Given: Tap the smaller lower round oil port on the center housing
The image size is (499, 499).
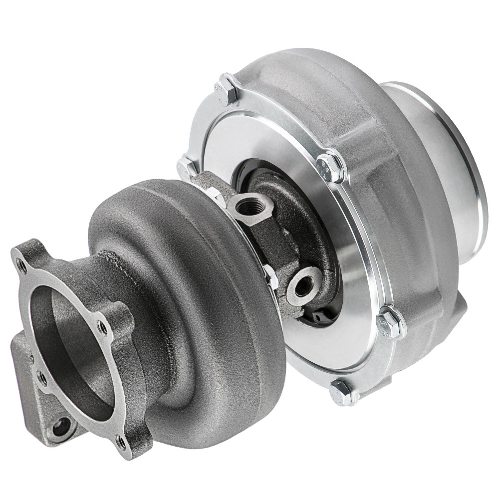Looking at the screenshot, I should tap(303, 280).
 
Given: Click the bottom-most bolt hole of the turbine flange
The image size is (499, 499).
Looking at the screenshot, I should tap(121, 440).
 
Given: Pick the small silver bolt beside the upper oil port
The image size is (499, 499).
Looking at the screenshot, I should tap(216, 196).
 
